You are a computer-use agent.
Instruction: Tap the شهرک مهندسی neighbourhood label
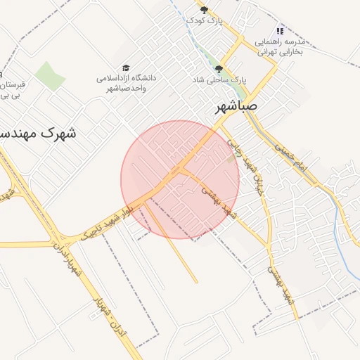point(38,131)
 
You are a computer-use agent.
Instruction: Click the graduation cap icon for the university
point(126,67)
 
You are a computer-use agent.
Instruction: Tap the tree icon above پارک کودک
point(205,10)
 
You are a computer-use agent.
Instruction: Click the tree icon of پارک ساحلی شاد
point(219,69)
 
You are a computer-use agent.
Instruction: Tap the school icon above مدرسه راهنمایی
point(280,31)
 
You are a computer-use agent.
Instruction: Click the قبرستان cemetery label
point(10,89)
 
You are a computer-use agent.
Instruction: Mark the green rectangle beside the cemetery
point(50,76)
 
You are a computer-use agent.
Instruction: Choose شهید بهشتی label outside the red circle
point(284,288)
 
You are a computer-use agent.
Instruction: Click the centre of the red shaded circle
point(180,179)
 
